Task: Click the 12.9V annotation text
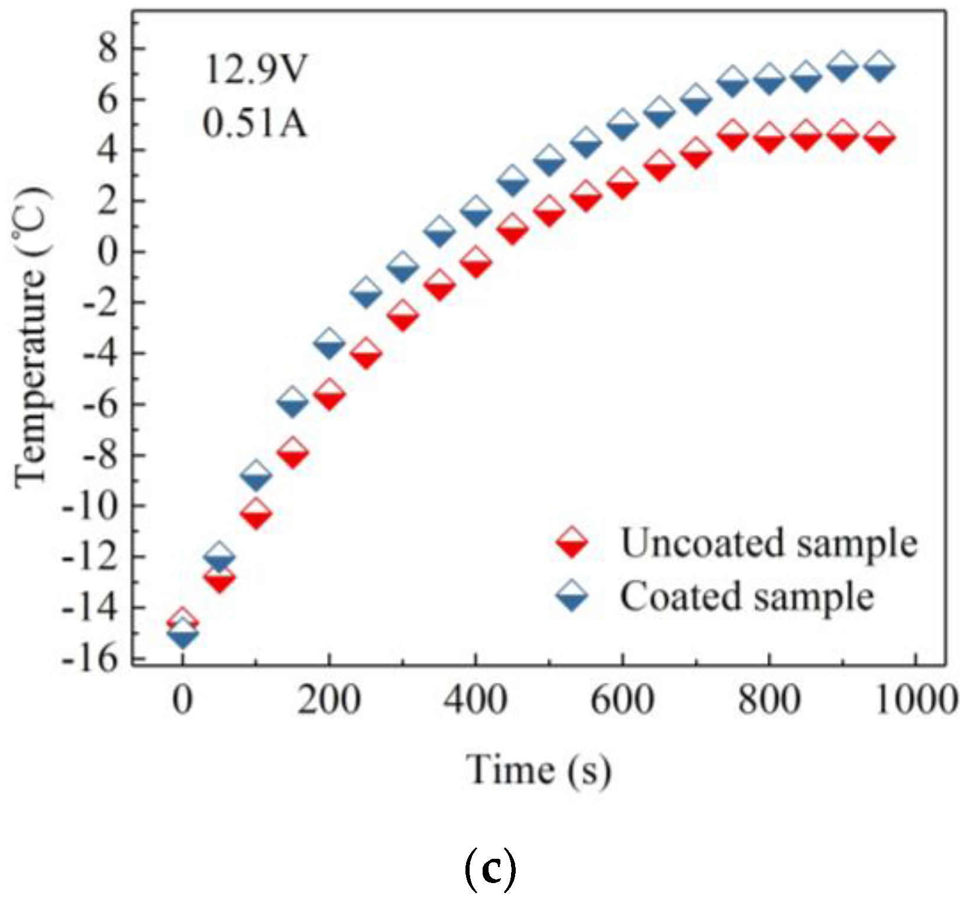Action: coord(255,69)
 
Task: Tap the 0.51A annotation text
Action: coord(255,124)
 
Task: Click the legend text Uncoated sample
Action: coord(768,542)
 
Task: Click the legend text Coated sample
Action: coord(746,596)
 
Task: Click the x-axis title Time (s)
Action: coord(538,770)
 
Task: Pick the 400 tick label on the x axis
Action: coord(476,700)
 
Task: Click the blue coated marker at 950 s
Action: coord(879,67)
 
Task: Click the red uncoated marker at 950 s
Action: coord(879,139)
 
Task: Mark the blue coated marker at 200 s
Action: coord(329,344)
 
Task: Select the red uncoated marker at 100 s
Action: coord(256,513)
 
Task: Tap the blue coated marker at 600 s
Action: coord(622,125)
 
